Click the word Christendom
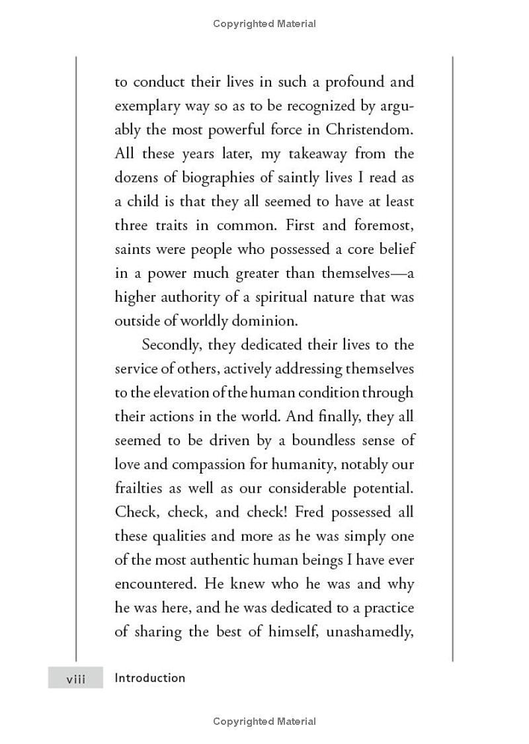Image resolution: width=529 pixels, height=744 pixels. pos(368,130)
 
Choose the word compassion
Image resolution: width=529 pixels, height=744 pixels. pos(214,464)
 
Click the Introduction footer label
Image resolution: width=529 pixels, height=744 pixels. pos(149,678)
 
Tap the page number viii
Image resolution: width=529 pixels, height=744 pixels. pos(75,679)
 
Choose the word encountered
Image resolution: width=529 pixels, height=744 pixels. pos(156,584)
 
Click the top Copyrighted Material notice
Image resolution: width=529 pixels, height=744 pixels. pos(264,24)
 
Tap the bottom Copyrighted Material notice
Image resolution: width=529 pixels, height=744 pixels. pos(264,722)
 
